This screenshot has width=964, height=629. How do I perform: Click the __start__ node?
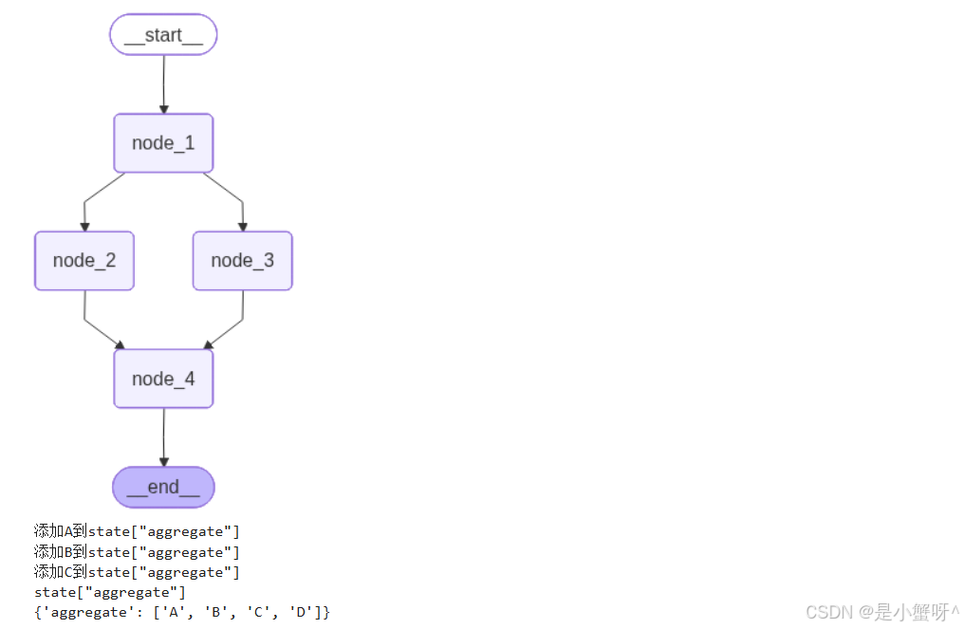[163, 34]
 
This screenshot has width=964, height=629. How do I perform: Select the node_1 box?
[163, 142]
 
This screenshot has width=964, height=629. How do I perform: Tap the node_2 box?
[84, 261]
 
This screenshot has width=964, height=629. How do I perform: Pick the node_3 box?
[243, 261]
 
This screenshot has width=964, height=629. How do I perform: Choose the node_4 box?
[163, 379]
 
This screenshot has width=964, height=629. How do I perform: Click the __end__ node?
[163, 487]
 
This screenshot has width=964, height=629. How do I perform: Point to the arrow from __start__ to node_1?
[163, 84]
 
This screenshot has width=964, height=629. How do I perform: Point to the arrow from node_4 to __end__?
[163, 437]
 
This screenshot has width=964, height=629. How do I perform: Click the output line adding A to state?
[137, 530]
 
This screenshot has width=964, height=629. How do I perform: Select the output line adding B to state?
[137, 551]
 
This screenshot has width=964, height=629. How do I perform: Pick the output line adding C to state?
[137, 572]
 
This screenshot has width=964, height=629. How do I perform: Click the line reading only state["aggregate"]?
[109, 592]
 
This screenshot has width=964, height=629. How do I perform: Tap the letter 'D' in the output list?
[301, 613]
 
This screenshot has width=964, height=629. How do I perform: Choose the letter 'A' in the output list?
[174, 613]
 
